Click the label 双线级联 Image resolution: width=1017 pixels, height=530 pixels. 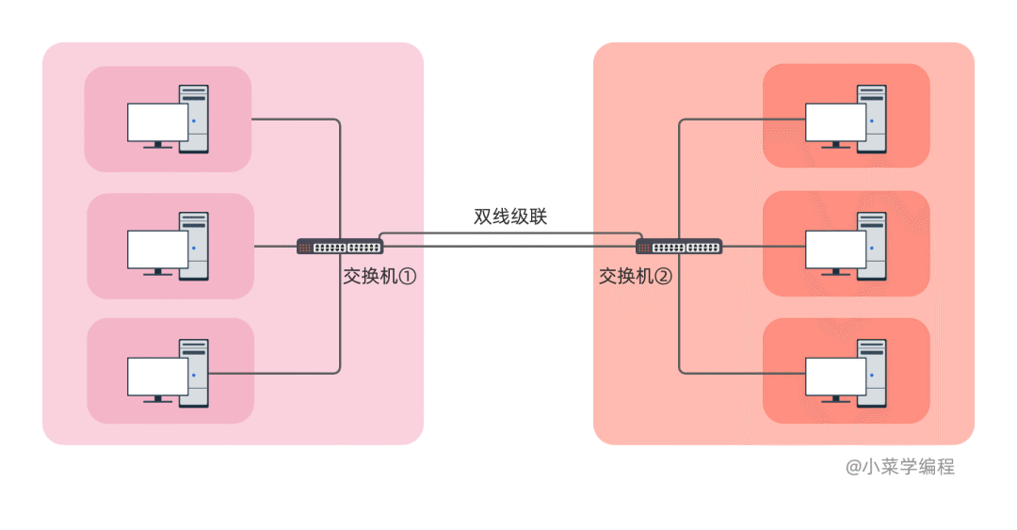point(510,217)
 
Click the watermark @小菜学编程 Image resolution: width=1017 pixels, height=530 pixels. point(900,466)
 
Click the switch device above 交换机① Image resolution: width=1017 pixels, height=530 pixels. point(340,247)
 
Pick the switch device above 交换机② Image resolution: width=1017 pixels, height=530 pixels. point(679,247)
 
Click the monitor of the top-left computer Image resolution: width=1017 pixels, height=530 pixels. point(157,121)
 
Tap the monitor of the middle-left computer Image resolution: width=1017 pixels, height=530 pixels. point(157,249)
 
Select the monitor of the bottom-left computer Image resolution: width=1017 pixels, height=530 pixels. point(157,376)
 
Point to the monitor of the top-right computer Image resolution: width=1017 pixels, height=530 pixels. point(835,121)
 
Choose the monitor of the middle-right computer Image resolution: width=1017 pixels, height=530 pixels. point(835,249)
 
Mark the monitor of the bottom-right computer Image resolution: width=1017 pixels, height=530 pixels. point(835,377)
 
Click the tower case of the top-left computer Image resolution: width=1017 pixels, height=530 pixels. point(195,118)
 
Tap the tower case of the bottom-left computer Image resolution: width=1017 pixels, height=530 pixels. point(195,373)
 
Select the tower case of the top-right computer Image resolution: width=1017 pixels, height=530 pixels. point(872,118)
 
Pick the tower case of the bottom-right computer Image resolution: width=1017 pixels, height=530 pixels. point(872,373)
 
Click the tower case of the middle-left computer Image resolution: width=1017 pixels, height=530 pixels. point(195,246)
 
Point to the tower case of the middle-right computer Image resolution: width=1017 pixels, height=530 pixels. point(872,246)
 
